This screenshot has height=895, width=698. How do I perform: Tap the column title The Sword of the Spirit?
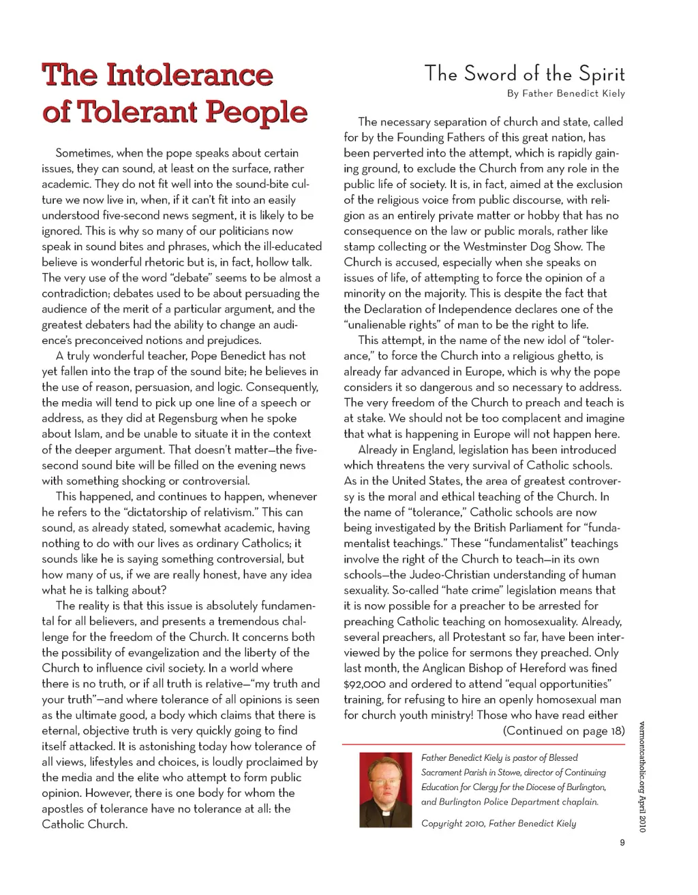(524, 74)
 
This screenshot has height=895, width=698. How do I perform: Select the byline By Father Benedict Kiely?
(566, 93)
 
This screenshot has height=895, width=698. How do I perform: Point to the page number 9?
(622, 843)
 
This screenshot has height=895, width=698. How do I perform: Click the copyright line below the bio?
(498, 823)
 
